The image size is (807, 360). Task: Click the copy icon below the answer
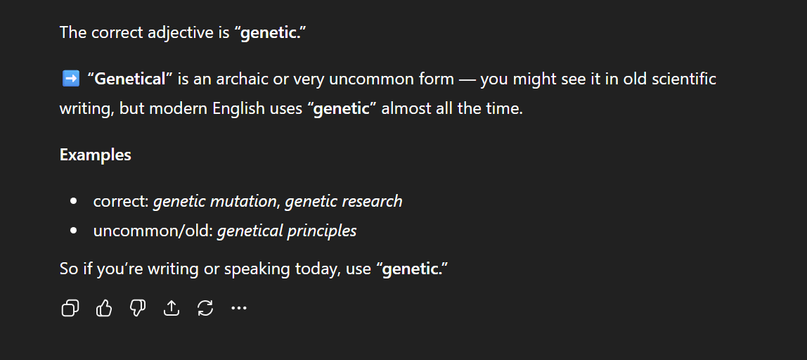tap(70, 308)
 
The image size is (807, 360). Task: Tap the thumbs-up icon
tap(104, 308)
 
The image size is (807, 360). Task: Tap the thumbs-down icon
tap(137, 308)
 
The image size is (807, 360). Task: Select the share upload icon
tap(172, 308)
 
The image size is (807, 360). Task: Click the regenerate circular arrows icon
tap(205, 308)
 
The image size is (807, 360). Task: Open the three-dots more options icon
tap(239, 308)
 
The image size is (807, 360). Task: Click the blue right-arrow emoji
tap(70, 79)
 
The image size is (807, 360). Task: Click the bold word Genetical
tap(129, 79)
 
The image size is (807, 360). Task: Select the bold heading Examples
tap(95, 155)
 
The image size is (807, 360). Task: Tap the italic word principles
tap(322, 231)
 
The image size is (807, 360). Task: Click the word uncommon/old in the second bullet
tap(153, 231)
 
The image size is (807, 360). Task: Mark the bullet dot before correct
tap(74, 201)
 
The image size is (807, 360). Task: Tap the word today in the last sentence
tap(318, 269)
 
